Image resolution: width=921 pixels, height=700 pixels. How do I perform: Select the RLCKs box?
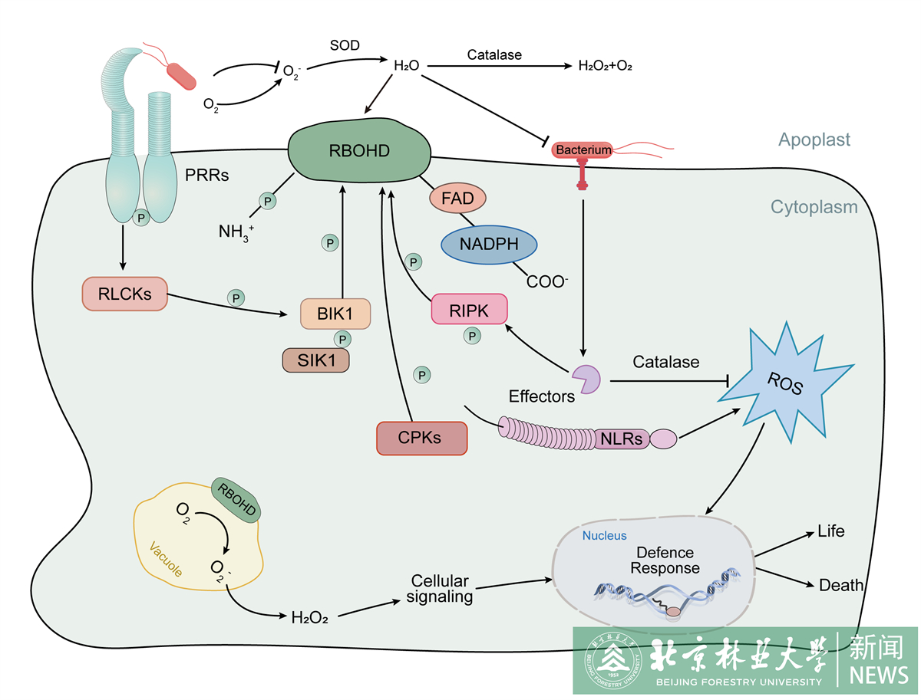pyautogui.click(x=124, y=294)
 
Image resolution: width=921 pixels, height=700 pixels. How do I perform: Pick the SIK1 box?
pyautogui.click(x=317, y=360)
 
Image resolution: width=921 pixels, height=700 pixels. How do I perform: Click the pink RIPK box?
pyautogui.click(x=469, y=309)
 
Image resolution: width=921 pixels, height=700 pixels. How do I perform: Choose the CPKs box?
pyautogui.click(x=421, y=438)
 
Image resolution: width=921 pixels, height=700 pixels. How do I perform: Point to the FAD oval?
pyautogui.click(x=457, y=199)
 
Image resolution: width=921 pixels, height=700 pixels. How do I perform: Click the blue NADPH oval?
pyautogui.click(x=489, y=245)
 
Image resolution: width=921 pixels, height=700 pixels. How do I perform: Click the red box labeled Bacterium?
pyautogui.click(x=583, y=150)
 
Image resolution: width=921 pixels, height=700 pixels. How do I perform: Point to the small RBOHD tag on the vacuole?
pyautogui.click(x=236, y=500)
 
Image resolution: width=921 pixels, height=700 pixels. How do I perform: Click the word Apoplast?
pyautogui.click(x=814, y=140)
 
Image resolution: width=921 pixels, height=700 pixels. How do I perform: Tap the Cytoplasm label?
pyautogui.click(x=814, y=207)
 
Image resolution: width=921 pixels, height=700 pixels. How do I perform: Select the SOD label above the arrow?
pyautogui.click(x=345, y=45)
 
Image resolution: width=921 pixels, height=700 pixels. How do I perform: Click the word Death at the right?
pyautogui.click(x=840, y=586)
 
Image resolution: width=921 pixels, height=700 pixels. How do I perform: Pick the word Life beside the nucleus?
pyautogui.click(x=830, y=531)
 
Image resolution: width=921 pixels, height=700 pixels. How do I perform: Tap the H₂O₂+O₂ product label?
pyautogui.click(x=605, y=67)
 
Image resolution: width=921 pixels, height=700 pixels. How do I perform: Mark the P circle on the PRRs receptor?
pyautogui.click(x=140, y=219)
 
